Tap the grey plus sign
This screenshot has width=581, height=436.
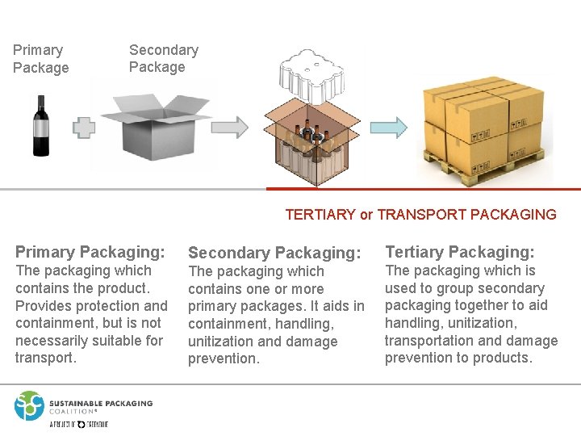(84, 128)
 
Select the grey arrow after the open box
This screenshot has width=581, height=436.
(231, 127)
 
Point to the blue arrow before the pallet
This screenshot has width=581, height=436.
(389, 127)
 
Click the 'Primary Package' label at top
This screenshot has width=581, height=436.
(40, 59)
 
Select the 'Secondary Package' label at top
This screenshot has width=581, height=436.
(163, 58)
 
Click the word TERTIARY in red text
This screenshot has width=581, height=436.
(320, 215)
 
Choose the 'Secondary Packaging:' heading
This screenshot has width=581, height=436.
(274, 253)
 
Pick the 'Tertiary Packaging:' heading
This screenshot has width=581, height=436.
(459, 252)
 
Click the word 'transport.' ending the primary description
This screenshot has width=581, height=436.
(46, 358)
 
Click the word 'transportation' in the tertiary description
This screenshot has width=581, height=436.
(430, 341)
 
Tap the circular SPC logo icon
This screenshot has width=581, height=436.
(29, 405)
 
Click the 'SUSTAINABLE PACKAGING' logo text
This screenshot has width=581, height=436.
(101, 403)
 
